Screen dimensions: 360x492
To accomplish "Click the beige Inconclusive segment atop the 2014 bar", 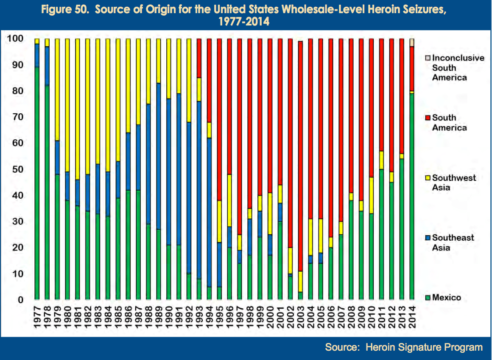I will [x=411, y=42].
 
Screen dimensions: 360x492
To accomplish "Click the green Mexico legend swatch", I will [x=428, y=297].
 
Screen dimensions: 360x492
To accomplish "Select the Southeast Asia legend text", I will [x=453, y=242].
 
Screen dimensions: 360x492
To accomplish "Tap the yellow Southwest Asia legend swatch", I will [x=428, y=178].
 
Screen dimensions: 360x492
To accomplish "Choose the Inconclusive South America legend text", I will [x=458, y=67].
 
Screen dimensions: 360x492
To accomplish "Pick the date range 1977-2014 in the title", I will [x=244, y=21].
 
